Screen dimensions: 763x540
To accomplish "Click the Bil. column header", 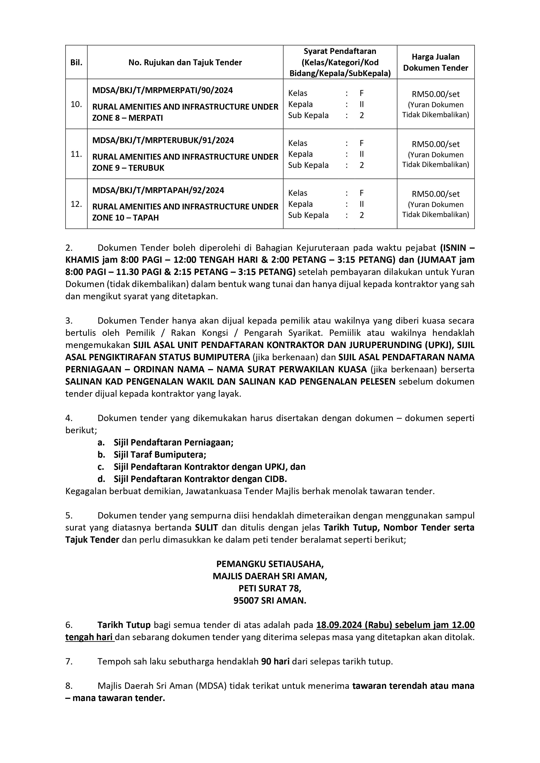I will (76, 62).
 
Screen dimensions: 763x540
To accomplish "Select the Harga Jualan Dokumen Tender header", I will (435, 62).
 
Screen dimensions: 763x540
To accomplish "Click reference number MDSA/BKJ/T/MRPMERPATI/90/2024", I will (162, 90).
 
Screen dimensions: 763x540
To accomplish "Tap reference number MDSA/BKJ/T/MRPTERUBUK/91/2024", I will (163, 140).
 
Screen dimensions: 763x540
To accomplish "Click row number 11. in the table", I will (76, 154).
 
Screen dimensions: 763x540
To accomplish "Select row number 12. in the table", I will (76, 204).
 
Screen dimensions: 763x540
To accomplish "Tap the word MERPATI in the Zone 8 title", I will (145, 118).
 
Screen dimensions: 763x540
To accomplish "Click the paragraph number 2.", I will (69, 248).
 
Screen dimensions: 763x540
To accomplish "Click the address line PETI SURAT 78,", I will (270, 589).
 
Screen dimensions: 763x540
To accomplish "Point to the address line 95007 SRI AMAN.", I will (270, 601).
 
